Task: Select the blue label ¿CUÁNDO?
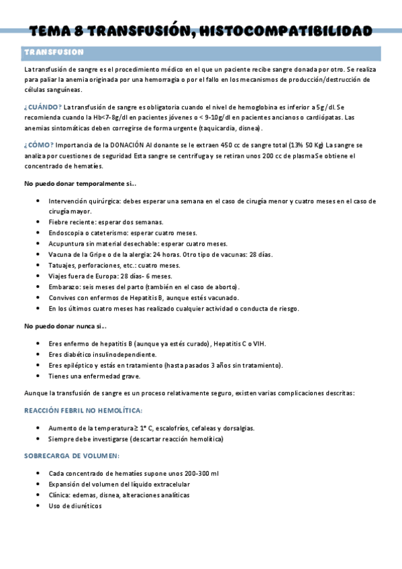coord(43,107)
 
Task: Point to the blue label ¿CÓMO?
coord(40,145)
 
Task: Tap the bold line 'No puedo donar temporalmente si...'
coord(80,183)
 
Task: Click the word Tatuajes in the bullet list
coord(62,265)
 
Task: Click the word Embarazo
coord(64,287)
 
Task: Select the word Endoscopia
coord(66,233)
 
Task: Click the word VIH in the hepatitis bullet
coord(258,344)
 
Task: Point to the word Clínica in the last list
coord(60,495)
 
